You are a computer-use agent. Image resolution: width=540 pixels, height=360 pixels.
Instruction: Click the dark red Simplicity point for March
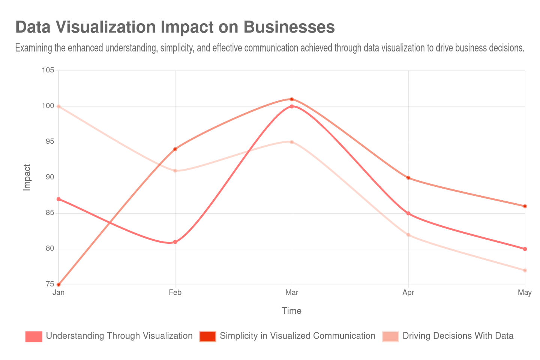click(x=292, y=99)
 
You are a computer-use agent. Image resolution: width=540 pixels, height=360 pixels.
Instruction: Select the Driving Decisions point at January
click(x=58, y=106)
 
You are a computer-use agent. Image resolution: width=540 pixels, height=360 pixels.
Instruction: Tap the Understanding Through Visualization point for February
click(x=175, y=242)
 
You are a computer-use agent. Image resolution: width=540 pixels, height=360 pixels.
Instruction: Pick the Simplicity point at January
click(x=58, y=285)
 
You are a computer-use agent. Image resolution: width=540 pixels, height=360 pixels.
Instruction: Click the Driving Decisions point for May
click(x=525, y=270)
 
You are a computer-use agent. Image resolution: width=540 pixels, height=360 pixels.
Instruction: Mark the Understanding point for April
click(x=408, y=213)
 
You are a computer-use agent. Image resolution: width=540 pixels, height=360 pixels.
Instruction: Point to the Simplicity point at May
click(x=525, y=206)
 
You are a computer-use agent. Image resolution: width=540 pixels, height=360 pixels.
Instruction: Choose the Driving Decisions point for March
click(x=292, y=142)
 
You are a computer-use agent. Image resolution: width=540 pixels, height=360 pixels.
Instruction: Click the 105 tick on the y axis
click(x=48, y=70)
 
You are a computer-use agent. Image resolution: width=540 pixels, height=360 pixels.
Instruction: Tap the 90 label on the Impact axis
click(x=50, y=177)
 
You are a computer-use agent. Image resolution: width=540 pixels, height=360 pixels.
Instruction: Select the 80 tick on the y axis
click(x=50, y=248)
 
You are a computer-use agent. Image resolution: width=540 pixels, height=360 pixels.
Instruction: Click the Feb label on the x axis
click(x=175, y=292)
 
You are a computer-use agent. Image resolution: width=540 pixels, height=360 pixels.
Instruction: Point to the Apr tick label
click(x=408, y=292)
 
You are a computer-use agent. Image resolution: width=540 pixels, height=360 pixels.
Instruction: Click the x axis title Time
click(x=291, y=311)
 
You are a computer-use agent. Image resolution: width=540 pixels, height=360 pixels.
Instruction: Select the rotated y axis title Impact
click(x=27, y=177)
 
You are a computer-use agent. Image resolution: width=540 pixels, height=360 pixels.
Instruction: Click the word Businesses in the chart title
click(x=289, y=27)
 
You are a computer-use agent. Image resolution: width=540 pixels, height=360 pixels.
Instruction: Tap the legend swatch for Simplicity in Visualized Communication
click(x=207, y=336)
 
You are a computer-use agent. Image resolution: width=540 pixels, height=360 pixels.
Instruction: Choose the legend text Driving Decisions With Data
click(x=457, y=336)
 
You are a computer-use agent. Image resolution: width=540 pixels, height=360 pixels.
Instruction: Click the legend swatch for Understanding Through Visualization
click(x=33, y=336)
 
